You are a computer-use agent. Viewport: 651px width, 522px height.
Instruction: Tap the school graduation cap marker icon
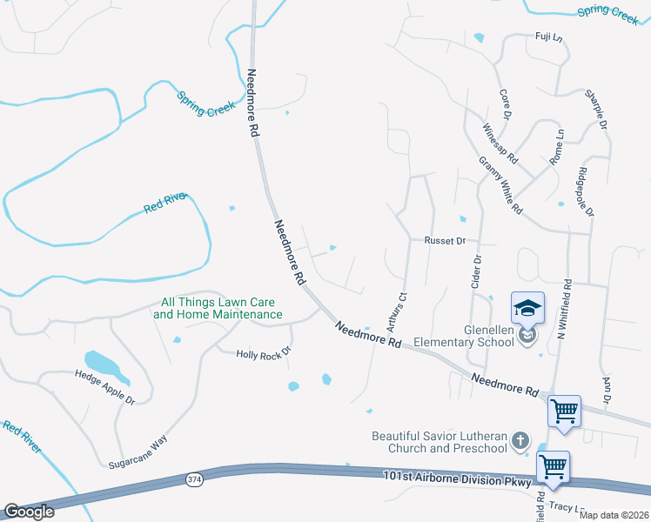click(x=527, y=309)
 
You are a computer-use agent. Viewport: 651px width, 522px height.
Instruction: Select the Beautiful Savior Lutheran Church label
click(x=440, y=442)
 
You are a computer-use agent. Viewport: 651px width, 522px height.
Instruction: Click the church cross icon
click(x=520, y=440)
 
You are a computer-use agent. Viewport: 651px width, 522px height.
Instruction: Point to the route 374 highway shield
click(x=195, y=478)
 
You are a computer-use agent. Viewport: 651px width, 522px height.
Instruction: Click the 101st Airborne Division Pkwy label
click(x=455, y=478)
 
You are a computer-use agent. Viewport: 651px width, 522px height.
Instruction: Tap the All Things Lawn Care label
click(x=218, y=308)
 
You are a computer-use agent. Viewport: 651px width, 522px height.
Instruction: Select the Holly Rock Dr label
click(x=262, y=353)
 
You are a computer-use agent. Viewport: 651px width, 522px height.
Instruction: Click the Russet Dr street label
click(x=446, y=240)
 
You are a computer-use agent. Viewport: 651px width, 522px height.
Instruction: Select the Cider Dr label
click(x=477, y=271)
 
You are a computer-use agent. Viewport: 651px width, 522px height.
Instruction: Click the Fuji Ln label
click(x=548, y=37)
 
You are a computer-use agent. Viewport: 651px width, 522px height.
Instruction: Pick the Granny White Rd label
click(x=500, y=185)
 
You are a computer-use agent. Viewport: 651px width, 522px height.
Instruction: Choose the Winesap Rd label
click(x=500, y=144)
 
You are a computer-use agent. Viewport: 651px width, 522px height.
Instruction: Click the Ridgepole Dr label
click(x=585, y=191)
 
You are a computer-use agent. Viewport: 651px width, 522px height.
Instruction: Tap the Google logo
click(x=29, y=512)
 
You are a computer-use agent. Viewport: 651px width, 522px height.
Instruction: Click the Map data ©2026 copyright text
click(x=614, y=515)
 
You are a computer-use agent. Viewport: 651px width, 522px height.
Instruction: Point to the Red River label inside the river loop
click(x=165, y=204)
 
